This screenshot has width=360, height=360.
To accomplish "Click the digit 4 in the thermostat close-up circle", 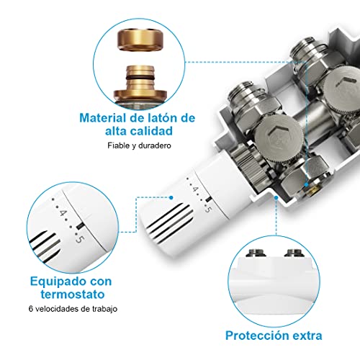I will point(63,214).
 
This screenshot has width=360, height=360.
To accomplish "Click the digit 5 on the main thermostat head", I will point(208,209).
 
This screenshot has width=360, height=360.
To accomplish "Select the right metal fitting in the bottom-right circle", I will point(293,253).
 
